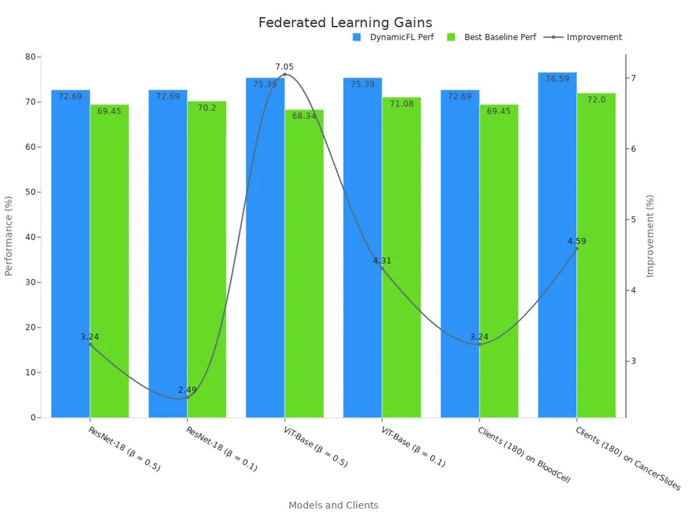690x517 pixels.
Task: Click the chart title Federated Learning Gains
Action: click(345, 22)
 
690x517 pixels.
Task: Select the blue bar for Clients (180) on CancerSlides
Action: click(557, 247)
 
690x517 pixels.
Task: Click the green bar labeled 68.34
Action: click(304, 264)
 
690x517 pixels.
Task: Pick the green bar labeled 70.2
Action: click(206, 258)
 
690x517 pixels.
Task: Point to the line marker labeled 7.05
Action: click(284, 74)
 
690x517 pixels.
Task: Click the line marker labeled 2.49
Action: click(187, 397)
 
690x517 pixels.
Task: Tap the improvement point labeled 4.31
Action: click(382, 268)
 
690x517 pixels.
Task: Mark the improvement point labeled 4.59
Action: click(577, 248)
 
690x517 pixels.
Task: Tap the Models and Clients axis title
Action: click(333, 506)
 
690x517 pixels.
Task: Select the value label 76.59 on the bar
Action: click(557, 79)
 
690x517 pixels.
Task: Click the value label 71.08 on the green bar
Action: click(401, 104)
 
